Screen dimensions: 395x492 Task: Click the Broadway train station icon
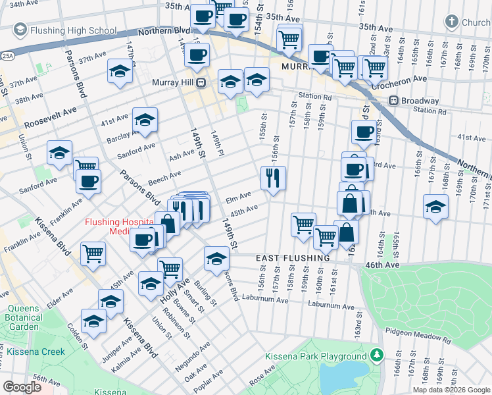[x=393, y=101]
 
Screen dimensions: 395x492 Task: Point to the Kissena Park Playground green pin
[x=377, y=355]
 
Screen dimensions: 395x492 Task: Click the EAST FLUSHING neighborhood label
[x=293, y=258]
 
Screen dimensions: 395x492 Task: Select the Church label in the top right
[x=476, y=22]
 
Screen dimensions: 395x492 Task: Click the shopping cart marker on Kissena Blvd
[x=93, y=252]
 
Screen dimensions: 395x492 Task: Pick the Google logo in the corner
[x=22, y=387]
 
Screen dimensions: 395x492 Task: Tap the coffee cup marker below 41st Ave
[x=363, y=132]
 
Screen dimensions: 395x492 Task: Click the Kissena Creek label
[x=36, y=352]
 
